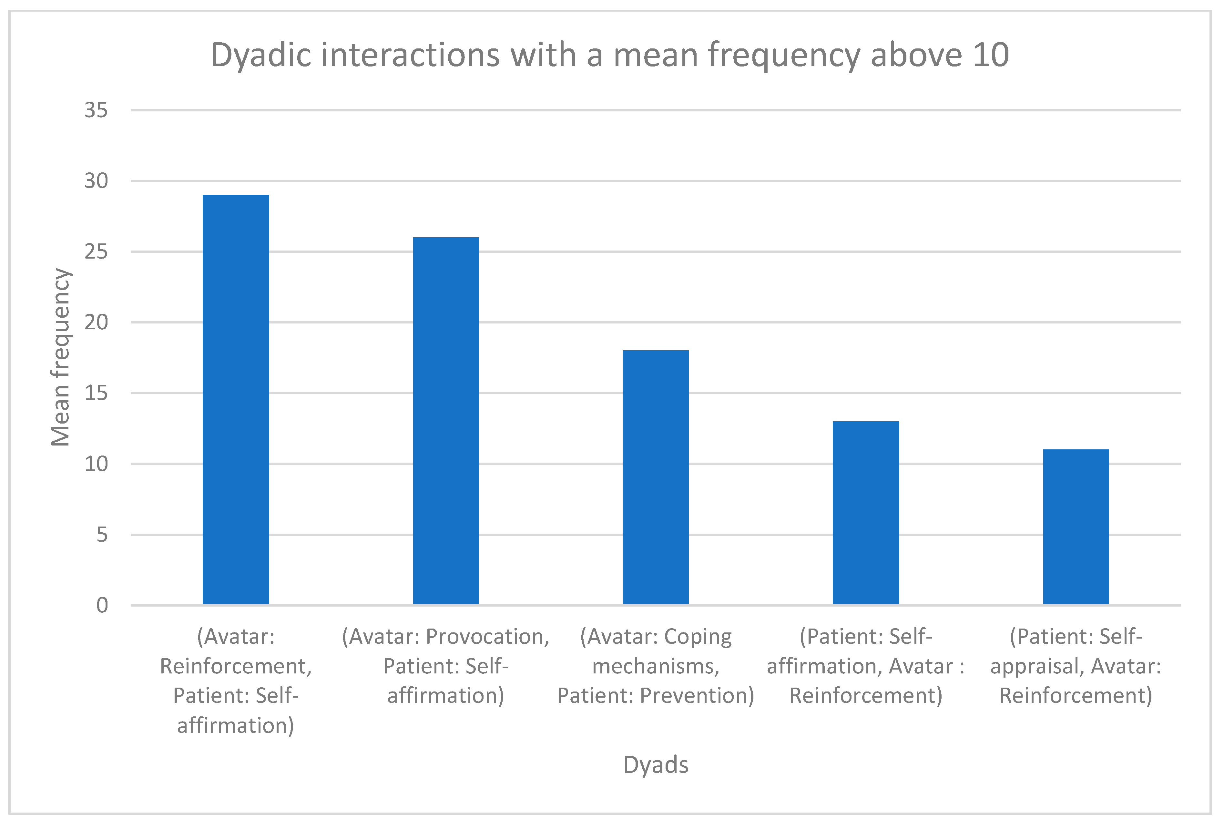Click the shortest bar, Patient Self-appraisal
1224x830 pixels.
(1076, 527)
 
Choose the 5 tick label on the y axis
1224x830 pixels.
(102, 535)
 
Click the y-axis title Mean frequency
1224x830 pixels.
(61, 357)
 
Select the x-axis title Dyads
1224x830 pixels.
(655, 765)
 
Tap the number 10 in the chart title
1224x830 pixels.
(990, 55)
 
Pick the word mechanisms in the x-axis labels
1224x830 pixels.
(655, 666)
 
